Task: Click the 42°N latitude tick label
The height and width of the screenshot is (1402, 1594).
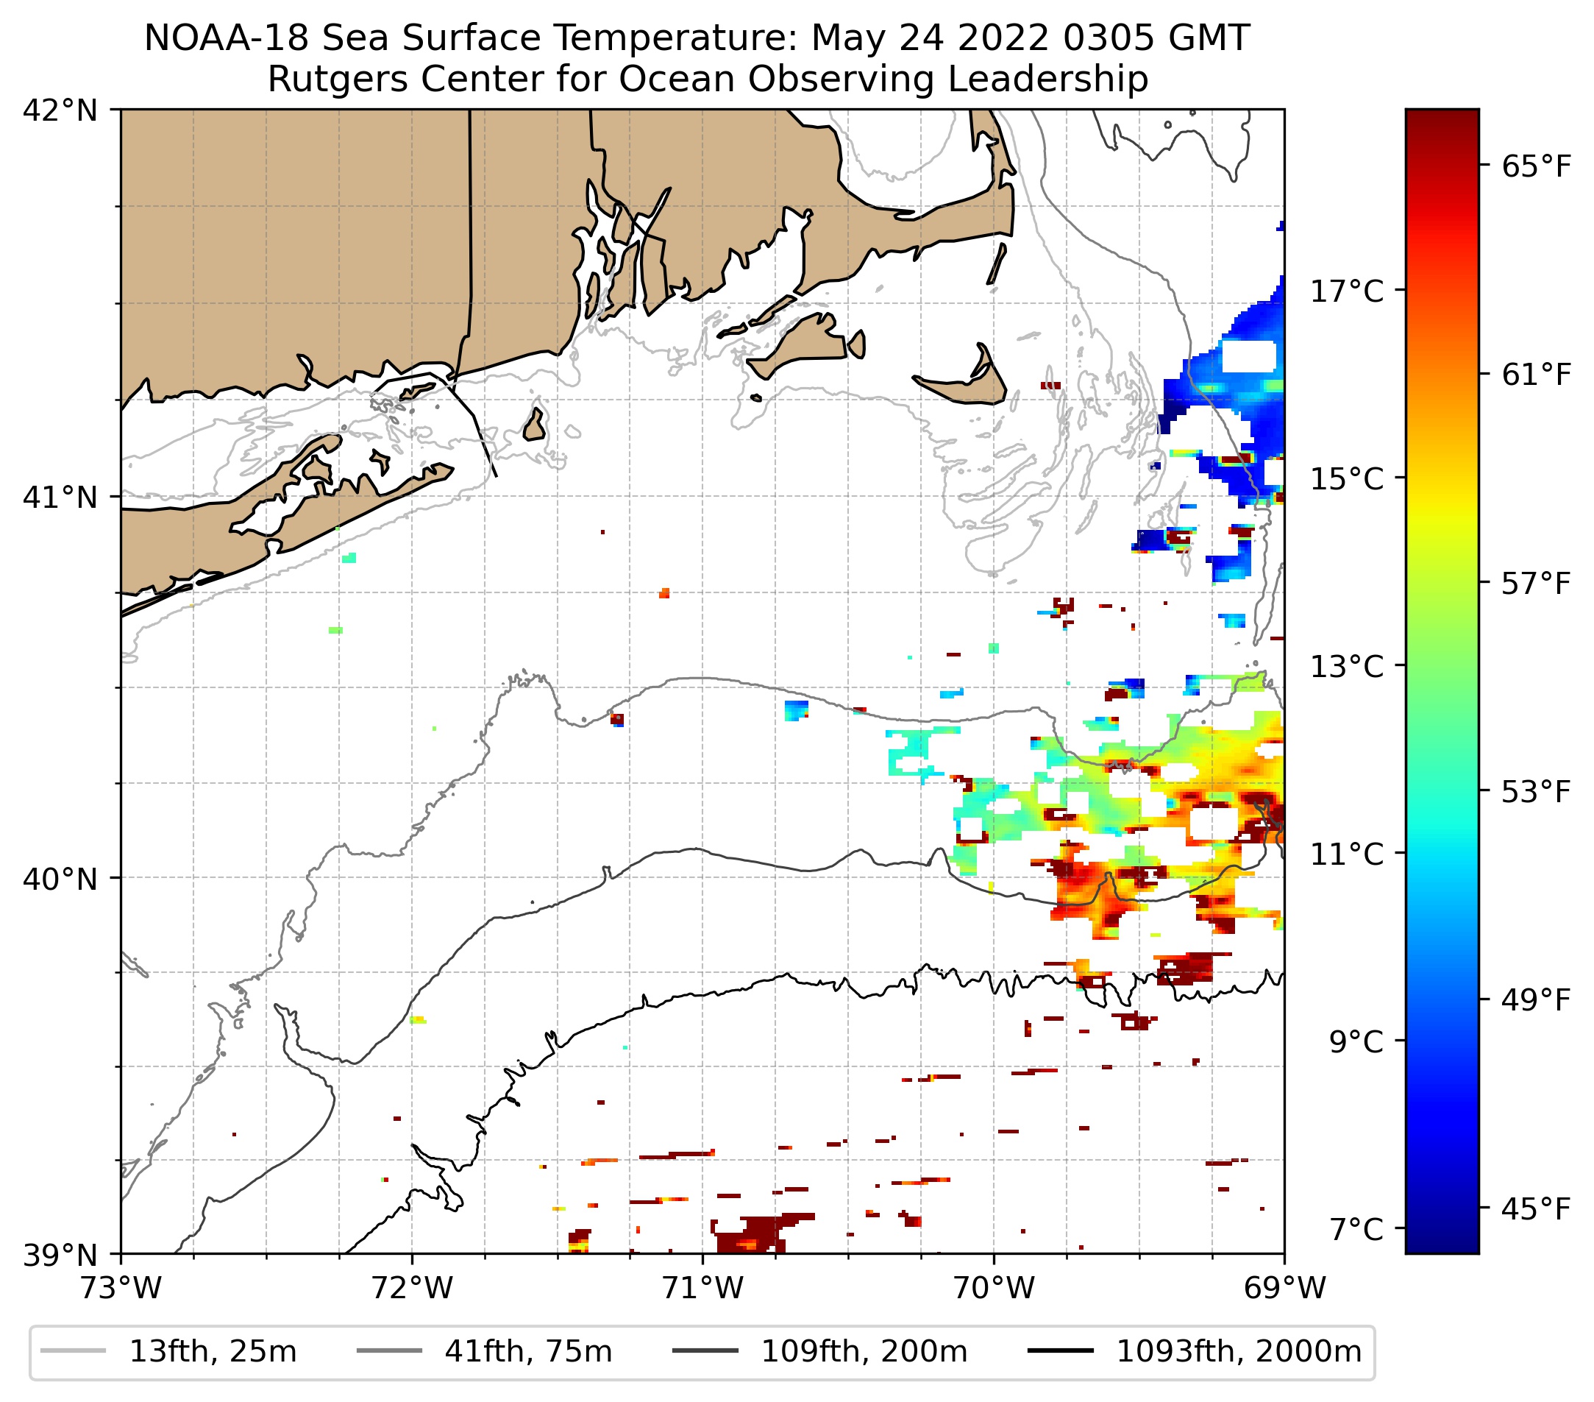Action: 60,111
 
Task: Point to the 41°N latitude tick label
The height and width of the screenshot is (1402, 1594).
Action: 60,497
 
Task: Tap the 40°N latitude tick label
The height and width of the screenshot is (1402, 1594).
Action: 60,879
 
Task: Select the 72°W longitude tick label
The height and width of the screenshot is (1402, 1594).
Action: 412,1288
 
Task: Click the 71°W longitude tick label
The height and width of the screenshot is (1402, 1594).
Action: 702,1288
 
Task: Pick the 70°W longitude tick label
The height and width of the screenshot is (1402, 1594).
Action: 995,1288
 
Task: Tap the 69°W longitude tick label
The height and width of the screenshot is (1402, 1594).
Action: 1284,1288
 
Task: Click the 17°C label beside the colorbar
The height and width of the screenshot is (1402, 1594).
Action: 1347,291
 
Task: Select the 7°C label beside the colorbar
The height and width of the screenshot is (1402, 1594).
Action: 1357,1230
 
